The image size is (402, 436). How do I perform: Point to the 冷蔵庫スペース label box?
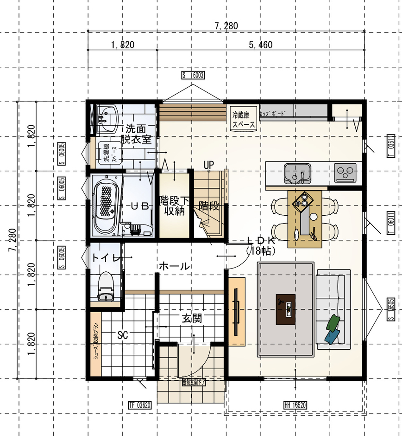(243, 119)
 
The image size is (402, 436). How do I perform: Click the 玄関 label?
(191, 319)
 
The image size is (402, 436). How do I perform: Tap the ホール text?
(174, 266)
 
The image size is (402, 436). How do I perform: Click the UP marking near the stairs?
(208, 165)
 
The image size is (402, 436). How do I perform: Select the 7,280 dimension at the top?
(226, 26)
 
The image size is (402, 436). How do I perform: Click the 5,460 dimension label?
(260, 45)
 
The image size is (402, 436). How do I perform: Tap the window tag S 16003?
(193, 75)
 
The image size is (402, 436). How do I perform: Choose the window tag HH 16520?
(295, 405)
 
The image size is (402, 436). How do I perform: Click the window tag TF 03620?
(139, 405)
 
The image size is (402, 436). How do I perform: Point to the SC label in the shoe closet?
(122, 334)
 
